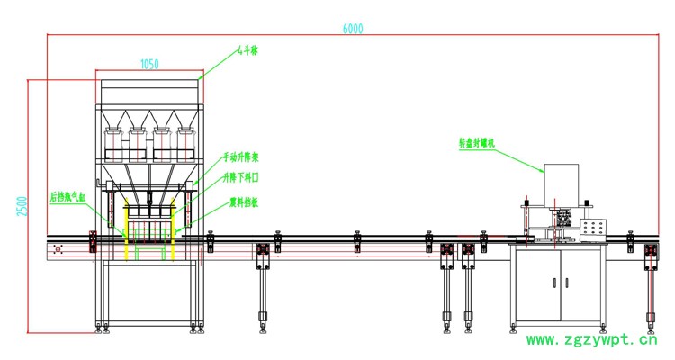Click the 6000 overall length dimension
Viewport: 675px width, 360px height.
pos(353,29)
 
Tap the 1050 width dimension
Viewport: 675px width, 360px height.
pos(149,64)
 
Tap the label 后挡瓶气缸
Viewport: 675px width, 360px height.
pos(67,194)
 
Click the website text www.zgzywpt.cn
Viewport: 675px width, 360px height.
pos(591,340)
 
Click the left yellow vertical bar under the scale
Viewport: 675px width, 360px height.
pos(125,229)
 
